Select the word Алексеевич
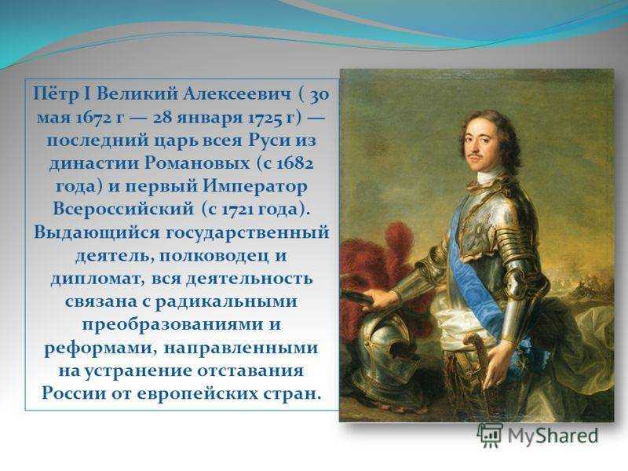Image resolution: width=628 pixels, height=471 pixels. click(238, 94)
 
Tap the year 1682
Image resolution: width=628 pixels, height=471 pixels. click(297, 163)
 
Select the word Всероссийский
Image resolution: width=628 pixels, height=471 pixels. click(123, 209)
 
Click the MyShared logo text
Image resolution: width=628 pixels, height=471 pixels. click(553, 436)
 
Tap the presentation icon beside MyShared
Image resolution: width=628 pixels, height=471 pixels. click(490, 436)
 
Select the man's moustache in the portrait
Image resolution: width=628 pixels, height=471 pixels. click(476, 154)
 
